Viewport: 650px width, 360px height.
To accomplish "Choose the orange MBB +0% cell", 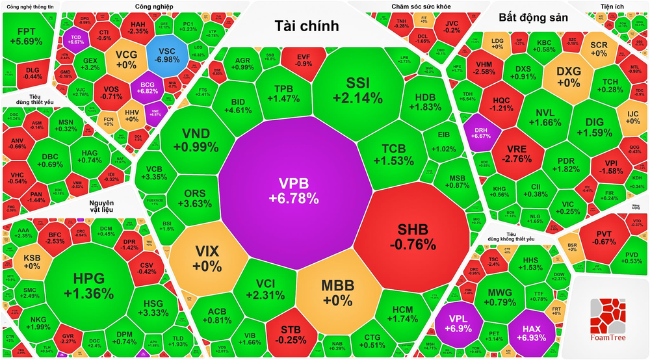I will pos(337,294).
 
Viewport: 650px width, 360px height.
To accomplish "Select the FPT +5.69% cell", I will pos(30,36).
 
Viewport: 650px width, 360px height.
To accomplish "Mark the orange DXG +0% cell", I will pos(569,77).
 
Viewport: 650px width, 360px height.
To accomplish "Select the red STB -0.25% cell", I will pos(296,333).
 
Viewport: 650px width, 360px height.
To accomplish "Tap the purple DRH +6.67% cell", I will pos(482,133).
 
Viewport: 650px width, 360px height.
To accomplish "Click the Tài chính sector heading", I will pos(307,26).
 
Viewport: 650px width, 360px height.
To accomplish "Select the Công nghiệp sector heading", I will pos(154,6).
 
